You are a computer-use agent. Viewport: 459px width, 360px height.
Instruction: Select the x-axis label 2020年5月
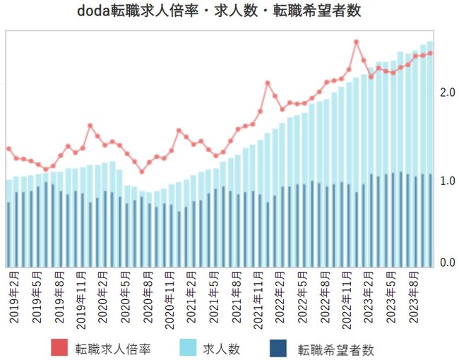coord(127,296)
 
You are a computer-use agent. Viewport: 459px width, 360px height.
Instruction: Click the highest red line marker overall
coord(356,42)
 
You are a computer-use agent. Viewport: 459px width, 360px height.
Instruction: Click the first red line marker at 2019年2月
coord(8,148)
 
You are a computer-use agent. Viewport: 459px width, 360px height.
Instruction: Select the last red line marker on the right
coord(430,53)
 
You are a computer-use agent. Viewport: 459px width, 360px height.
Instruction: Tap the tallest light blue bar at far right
coord(430,141)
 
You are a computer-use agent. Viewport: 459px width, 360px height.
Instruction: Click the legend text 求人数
coord(227,348)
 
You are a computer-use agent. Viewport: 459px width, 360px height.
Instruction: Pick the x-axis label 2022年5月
coord(304,296)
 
